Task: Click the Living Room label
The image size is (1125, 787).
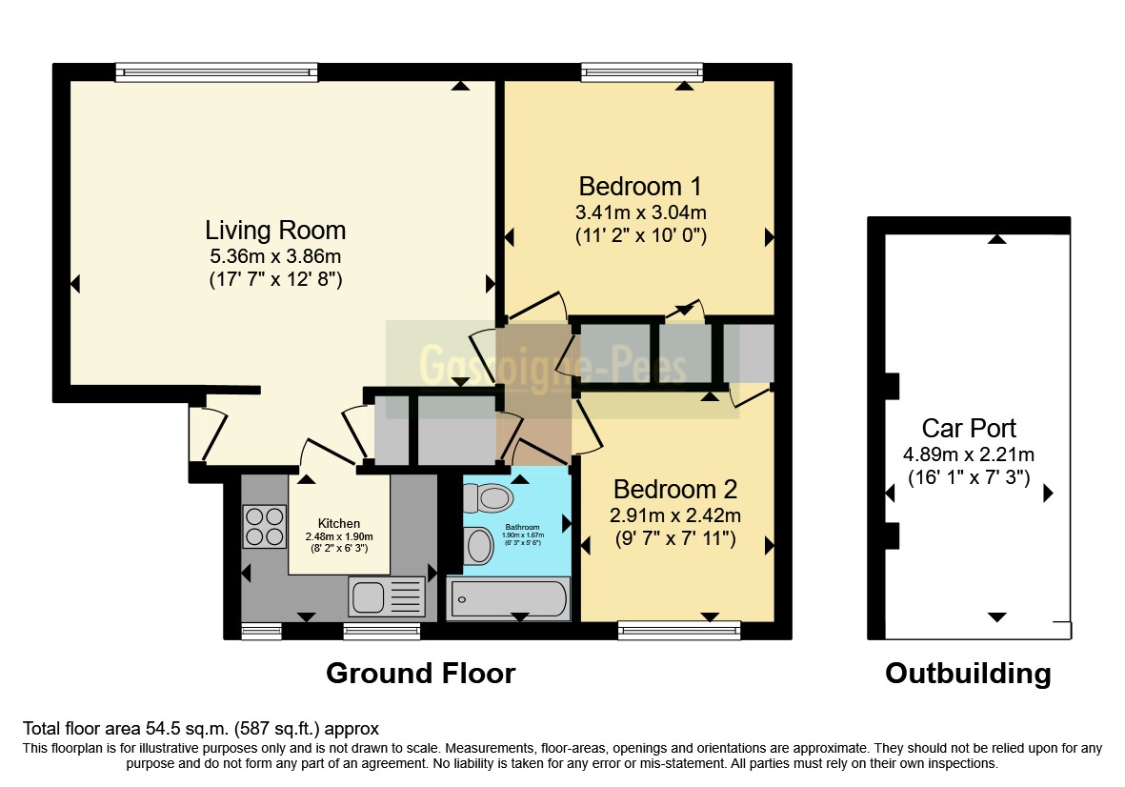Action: click(275, 230)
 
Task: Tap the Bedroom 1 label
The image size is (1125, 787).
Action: click(640, 185)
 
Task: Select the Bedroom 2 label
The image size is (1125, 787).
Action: click(675, 490)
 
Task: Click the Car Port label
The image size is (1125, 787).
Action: click(969, 428)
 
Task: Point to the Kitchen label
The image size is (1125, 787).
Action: click(339, 523)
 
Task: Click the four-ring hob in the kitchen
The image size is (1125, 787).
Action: click(266, 525)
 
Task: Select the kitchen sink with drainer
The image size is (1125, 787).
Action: click(388, 596)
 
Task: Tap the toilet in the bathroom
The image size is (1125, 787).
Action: click(488, 496)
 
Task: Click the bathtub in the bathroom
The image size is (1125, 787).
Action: click(509, 599)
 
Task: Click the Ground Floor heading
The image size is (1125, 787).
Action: click(420, 674)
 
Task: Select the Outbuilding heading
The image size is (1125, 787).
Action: click(968, 674)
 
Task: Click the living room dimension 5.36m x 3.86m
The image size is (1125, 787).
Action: click(275, 256)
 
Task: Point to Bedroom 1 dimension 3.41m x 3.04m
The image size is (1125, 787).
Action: click(640, 212)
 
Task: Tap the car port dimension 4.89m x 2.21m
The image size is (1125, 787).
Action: click(969, 454)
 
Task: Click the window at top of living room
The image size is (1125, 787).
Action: click(216, 71)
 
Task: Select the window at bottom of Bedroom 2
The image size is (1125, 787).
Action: click(679, 629)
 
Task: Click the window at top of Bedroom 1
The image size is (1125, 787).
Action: click(643, 71)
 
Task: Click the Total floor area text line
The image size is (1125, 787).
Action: click(201, 729)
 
